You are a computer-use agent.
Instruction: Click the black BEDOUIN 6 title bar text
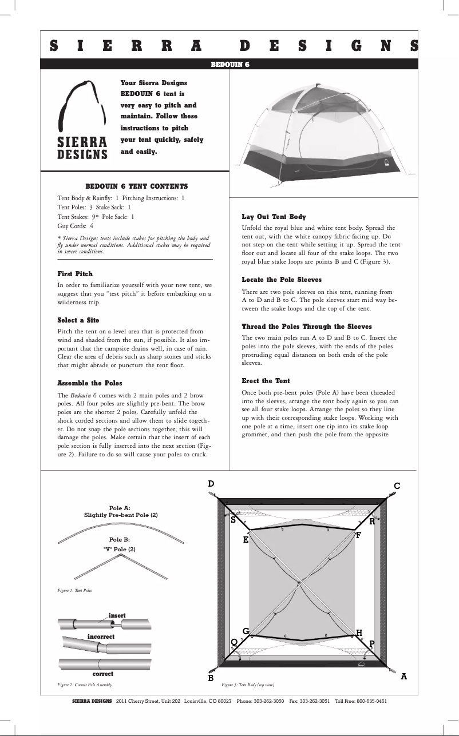tap(230, 64)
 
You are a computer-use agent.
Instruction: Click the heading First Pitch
tap(75, 274)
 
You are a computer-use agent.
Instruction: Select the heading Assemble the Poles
tap(90, 383)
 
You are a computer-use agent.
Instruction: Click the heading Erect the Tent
tap(266, 381)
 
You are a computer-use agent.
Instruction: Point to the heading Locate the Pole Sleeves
tap(282, 280)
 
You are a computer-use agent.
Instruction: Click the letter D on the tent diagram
tap(211, 484)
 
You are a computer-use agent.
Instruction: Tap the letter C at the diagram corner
tap(397, 486)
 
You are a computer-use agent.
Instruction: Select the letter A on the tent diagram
tap(404, 676)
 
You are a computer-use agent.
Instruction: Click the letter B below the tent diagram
tap(211, 678)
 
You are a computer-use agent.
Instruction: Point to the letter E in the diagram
tap(246, 539)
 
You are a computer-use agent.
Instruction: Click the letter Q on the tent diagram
tap(234, 642)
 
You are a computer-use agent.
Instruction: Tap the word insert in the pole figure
tap(117, 615)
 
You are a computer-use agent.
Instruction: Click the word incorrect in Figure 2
tap(101, 636)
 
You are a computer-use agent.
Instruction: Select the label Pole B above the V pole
tap(119, 539)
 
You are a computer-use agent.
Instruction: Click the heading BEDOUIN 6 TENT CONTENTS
tap(136, 186)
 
